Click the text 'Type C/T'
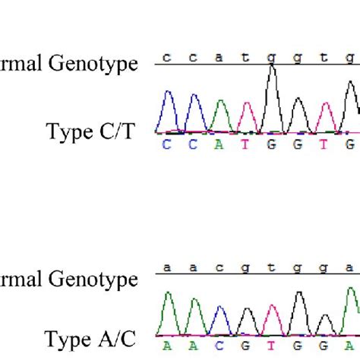90,131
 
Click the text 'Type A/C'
90,338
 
